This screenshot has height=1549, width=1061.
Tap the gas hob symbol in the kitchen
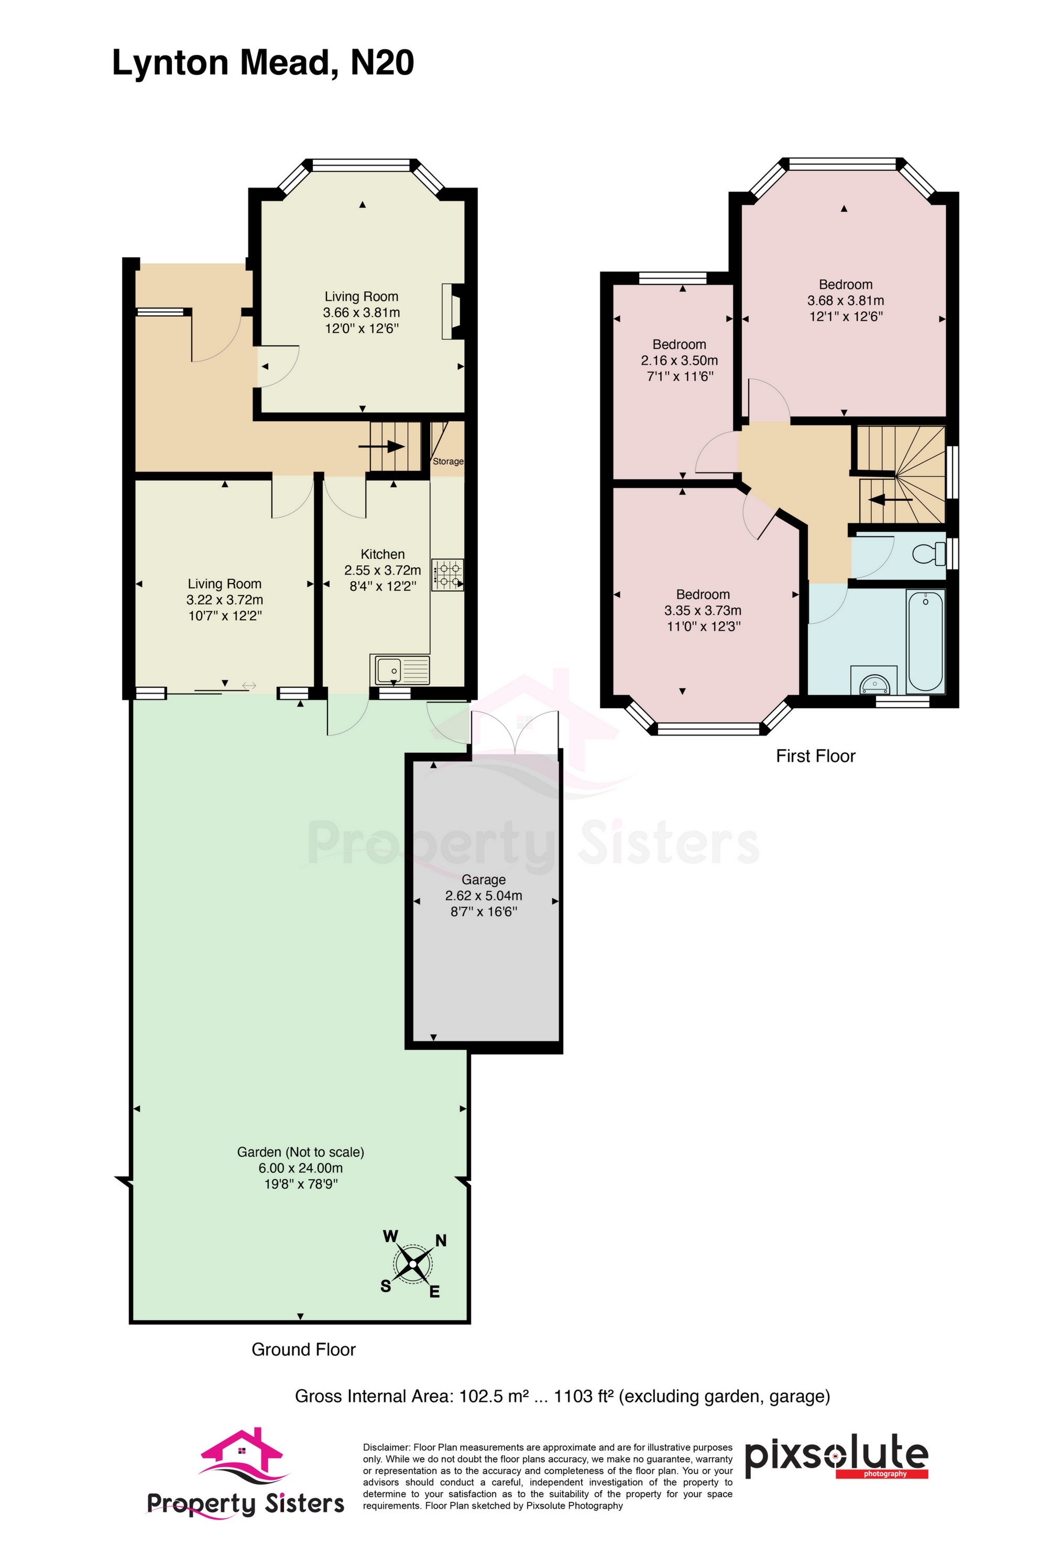pyautogui.click(x=447, y=575)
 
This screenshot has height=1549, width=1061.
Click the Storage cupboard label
pyautogui.click(x=448, y=461)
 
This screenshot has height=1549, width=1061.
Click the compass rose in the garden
pyautogui.click(x=413, y=1263)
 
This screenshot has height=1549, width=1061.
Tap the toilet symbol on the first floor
pyautogui.click(x=929, y=554)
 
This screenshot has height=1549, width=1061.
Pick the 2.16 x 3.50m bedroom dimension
pyautogui.click(x=679, y=360)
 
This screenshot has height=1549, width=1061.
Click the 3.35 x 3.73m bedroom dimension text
pyautogui.click(x=703, y=610)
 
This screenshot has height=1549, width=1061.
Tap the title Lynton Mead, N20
pyautogui.click(x=262, y=63)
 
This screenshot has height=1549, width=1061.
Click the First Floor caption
pyautogui.click(x=815, y=756)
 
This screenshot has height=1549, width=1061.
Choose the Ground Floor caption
pyautogui.click(x=303, y=1350)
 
